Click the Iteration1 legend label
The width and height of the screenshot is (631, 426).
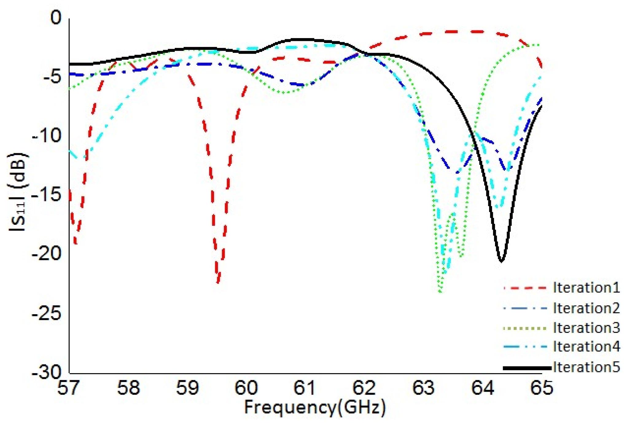(x=586, y=287)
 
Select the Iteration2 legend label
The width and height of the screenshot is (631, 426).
(x=586, y=308)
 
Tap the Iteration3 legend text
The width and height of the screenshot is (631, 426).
(x=586, y=328)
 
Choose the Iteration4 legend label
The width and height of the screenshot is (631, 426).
(x=586, y=346)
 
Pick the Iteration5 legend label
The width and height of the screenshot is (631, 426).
(x=586, y=367)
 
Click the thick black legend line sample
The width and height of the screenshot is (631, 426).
(x=527, y=368)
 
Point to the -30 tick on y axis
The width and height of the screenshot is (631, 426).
(x=47, y=372)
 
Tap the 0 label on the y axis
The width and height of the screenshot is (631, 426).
(x=56, y=18)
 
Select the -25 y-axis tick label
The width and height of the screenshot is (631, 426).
(x=47, y=313)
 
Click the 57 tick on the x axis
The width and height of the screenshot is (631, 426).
(x=68, y=388)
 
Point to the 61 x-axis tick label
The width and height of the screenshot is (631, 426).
(x=304, y=388)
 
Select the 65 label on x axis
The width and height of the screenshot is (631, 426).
(x=542, y=388)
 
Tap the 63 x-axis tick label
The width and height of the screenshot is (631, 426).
(x=423, y=388)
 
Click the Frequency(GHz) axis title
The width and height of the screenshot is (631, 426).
(x=315, y=408)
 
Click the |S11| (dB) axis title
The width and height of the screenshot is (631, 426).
(x=18, y=192)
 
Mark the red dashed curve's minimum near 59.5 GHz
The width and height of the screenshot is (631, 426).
(x=218, y=282)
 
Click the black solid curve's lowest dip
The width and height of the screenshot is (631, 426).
(x=501, y=261)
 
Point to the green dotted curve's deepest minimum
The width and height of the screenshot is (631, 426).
(x=440, y=291)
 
